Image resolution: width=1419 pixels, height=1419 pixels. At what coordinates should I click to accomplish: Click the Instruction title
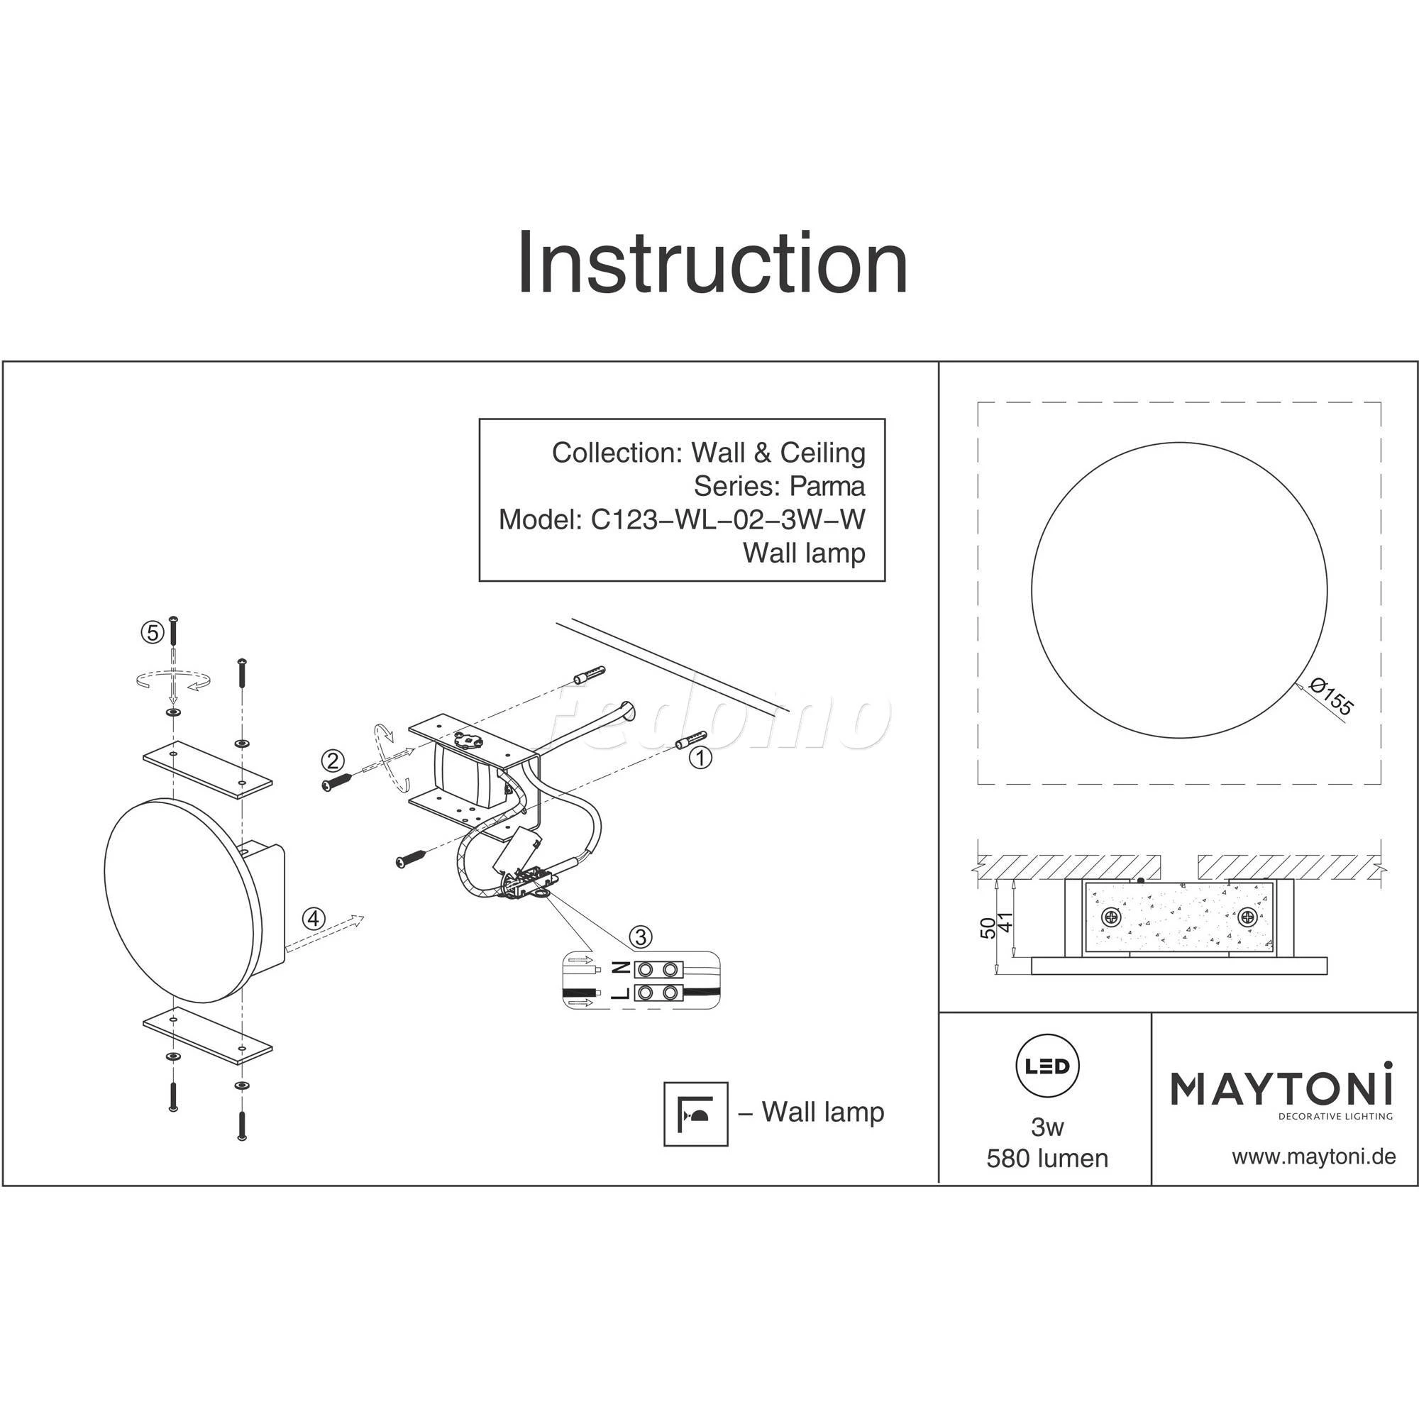pyautogui.click(x=712, y=264)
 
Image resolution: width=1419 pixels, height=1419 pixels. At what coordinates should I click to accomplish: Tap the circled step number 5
pyautogui.click(x=152, y=631)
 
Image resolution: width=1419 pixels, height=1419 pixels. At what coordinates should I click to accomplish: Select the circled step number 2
pyautogui.click(x=333, y=761)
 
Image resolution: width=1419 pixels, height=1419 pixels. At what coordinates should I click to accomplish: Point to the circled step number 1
pyautogui.click(x=701, y=757)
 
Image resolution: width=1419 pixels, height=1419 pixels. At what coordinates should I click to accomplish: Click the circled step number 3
pyautogui.click(x=641, y=937)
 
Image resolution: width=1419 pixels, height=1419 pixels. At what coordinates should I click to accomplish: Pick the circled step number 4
pyautogui.click(x=314, y=919)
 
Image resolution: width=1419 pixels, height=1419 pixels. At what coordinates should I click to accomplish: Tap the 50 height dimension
pyautogui.click(x=989, y=928)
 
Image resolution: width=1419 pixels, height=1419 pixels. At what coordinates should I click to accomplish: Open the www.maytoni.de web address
pyautogui.click(x=1313, y=1156)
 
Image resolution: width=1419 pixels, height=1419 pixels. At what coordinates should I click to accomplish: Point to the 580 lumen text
pyautogui.click(x=1047, y=1159)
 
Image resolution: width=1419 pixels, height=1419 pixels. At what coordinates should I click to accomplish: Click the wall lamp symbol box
pyautogui.click(x=695, y=1113)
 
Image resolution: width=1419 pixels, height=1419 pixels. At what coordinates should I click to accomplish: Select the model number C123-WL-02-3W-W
pyautogui.click(x=728, y=519)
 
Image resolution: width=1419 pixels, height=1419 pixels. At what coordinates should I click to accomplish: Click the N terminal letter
pyautogui.click(x=620, y=968)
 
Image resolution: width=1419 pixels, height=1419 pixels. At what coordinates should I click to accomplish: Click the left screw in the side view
pyautogui.click(x=1110, y=917)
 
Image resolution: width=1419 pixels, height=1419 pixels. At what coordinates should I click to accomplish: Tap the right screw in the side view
pyautogui.click(x=1247, y=917)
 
